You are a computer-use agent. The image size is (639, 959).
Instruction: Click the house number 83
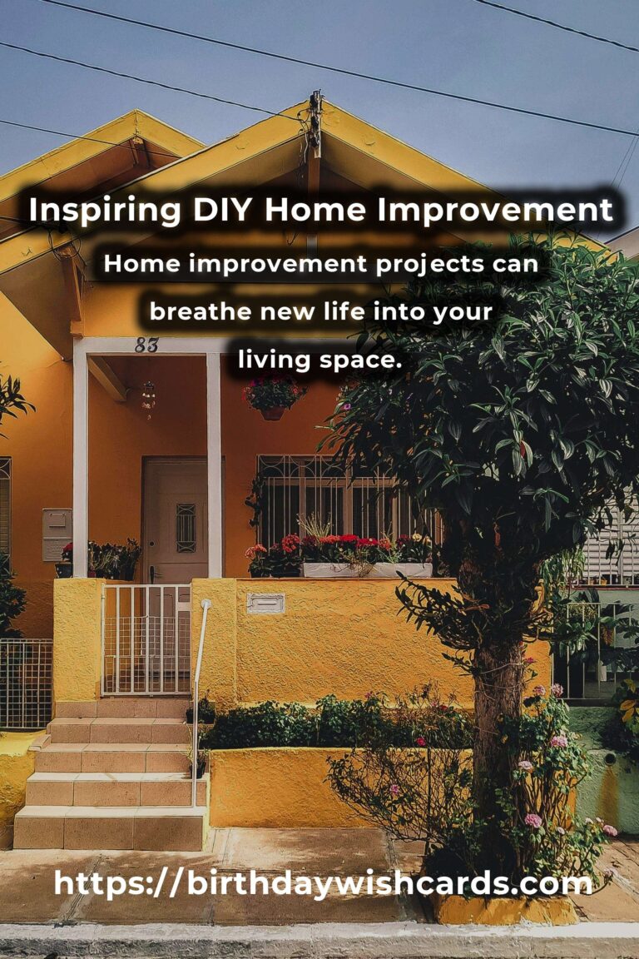(x=146, y=345)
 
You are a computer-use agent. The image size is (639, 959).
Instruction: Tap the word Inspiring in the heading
(x=105, y=211)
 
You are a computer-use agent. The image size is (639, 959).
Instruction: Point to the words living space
(x=319, y=360)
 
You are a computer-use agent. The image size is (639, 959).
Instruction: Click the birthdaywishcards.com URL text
(x=323, y=883)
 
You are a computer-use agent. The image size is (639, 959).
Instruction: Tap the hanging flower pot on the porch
(x=273, y=398)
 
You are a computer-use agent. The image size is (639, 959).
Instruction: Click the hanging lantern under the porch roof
(x=148, y=398)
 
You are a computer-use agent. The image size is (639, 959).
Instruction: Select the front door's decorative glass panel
(x=186, y=528)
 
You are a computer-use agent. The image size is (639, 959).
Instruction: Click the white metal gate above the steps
(x=146, y=639)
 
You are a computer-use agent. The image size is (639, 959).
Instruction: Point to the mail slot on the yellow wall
(x=265, y=603)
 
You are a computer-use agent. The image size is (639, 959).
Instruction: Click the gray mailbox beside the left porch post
(x=57, y=534)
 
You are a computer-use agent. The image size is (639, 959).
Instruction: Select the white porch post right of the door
(x=213, y=465)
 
